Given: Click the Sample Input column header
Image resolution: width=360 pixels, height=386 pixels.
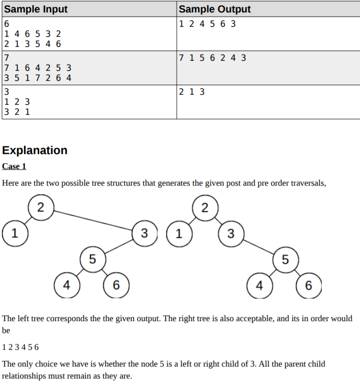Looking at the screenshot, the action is click(36, 9).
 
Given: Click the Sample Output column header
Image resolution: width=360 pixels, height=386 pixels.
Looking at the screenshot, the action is click(214, 9).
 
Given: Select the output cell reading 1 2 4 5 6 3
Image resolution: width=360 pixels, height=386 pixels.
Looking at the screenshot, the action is click(207, 24).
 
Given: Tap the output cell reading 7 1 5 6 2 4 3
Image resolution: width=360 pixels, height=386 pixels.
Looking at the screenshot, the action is click(212, 58).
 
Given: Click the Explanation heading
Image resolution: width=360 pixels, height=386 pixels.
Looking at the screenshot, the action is click(34, 150).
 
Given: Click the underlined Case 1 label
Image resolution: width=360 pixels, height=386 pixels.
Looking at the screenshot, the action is click(14, 166).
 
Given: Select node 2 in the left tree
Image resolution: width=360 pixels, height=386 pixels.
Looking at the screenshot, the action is click(41, 208).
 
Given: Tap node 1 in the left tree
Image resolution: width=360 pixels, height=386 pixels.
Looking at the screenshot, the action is click(14, 233).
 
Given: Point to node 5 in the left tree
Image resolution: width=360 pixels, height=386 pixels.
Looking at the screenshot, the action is click(92, 259).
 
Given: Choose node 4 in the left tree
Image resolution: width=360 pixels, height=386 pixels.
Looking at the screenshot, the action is click(67, 286).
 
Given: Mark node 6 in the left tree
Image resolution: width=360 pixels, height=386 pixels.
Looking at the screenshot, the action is click(115, 286).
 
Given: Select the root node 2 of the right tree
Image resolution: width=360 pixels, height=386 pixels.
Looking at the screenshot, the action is click(205, 208).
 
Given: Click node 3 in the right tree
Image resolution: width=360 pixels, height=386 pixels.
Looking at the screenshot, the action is click(231, 233).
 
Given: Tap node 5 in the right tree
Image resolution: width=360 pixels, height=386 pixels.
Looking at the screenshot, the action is click(285, 259).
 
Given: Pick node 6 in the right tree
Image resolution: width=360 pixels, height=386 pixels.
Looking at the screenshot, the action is click(308, 286).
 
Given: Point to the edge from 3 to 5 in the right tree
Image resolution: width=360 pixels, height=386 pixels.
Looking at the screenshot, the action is click(258, 246).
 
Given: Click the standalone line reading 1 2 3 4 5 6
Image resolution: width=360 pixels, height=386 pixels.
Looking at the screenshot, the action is click(21, 347).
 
